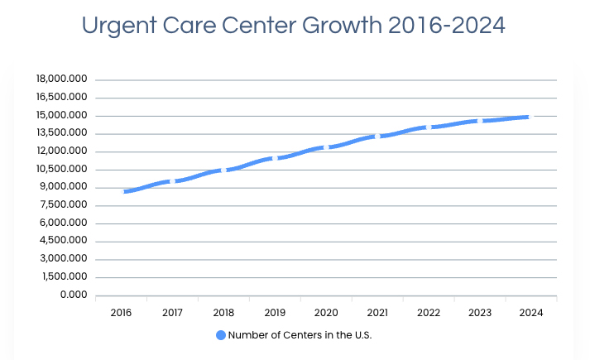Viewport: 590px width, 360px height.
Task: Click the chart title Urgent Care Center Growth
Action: [x=294, y=26]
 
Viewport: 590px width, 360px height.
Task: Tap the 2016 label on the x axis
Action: [x=121, y=313]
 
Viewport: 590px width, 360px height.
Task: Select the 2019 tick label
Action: [x=275, y=313]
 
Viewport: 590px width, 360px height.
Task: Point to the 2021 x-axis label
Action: [x=377, y=313]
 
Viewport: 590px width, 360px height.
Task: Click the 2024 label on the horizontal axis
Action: [x=530, y=313]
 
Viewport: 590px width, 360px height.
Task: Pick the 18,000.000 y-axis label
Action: [x=62, y=79]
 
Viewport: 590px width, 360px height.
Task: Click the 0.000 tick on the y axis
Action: [x=74, y=295]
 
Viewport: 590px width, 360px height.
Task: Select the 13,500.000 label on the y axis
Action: [x=63, y=133]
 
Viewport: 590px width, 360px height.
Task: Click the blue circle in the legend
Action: [x=221, y=335]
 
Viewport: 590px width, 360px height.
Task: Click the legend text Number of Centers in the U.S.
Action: [x=300, y=335]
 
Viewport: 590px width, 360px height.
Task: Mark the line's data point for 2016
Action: [x=122, y=192]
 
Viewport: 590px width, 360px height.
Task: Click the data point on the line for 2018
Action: [x=223, y=170]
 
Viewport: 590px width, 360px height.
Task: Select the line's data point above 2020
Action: [x=326, y=147]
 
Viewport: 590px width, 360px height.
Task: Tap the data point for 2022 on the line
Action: [x=429, y=127]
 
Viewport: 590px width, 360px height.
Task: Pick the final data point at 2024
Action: [x=530, y=117]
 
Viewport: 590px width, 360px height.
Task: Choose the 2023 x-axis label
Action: [x=480, y=313]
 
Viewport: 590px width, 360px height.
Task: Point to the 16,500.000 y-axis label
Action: [x=62, y=98]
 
